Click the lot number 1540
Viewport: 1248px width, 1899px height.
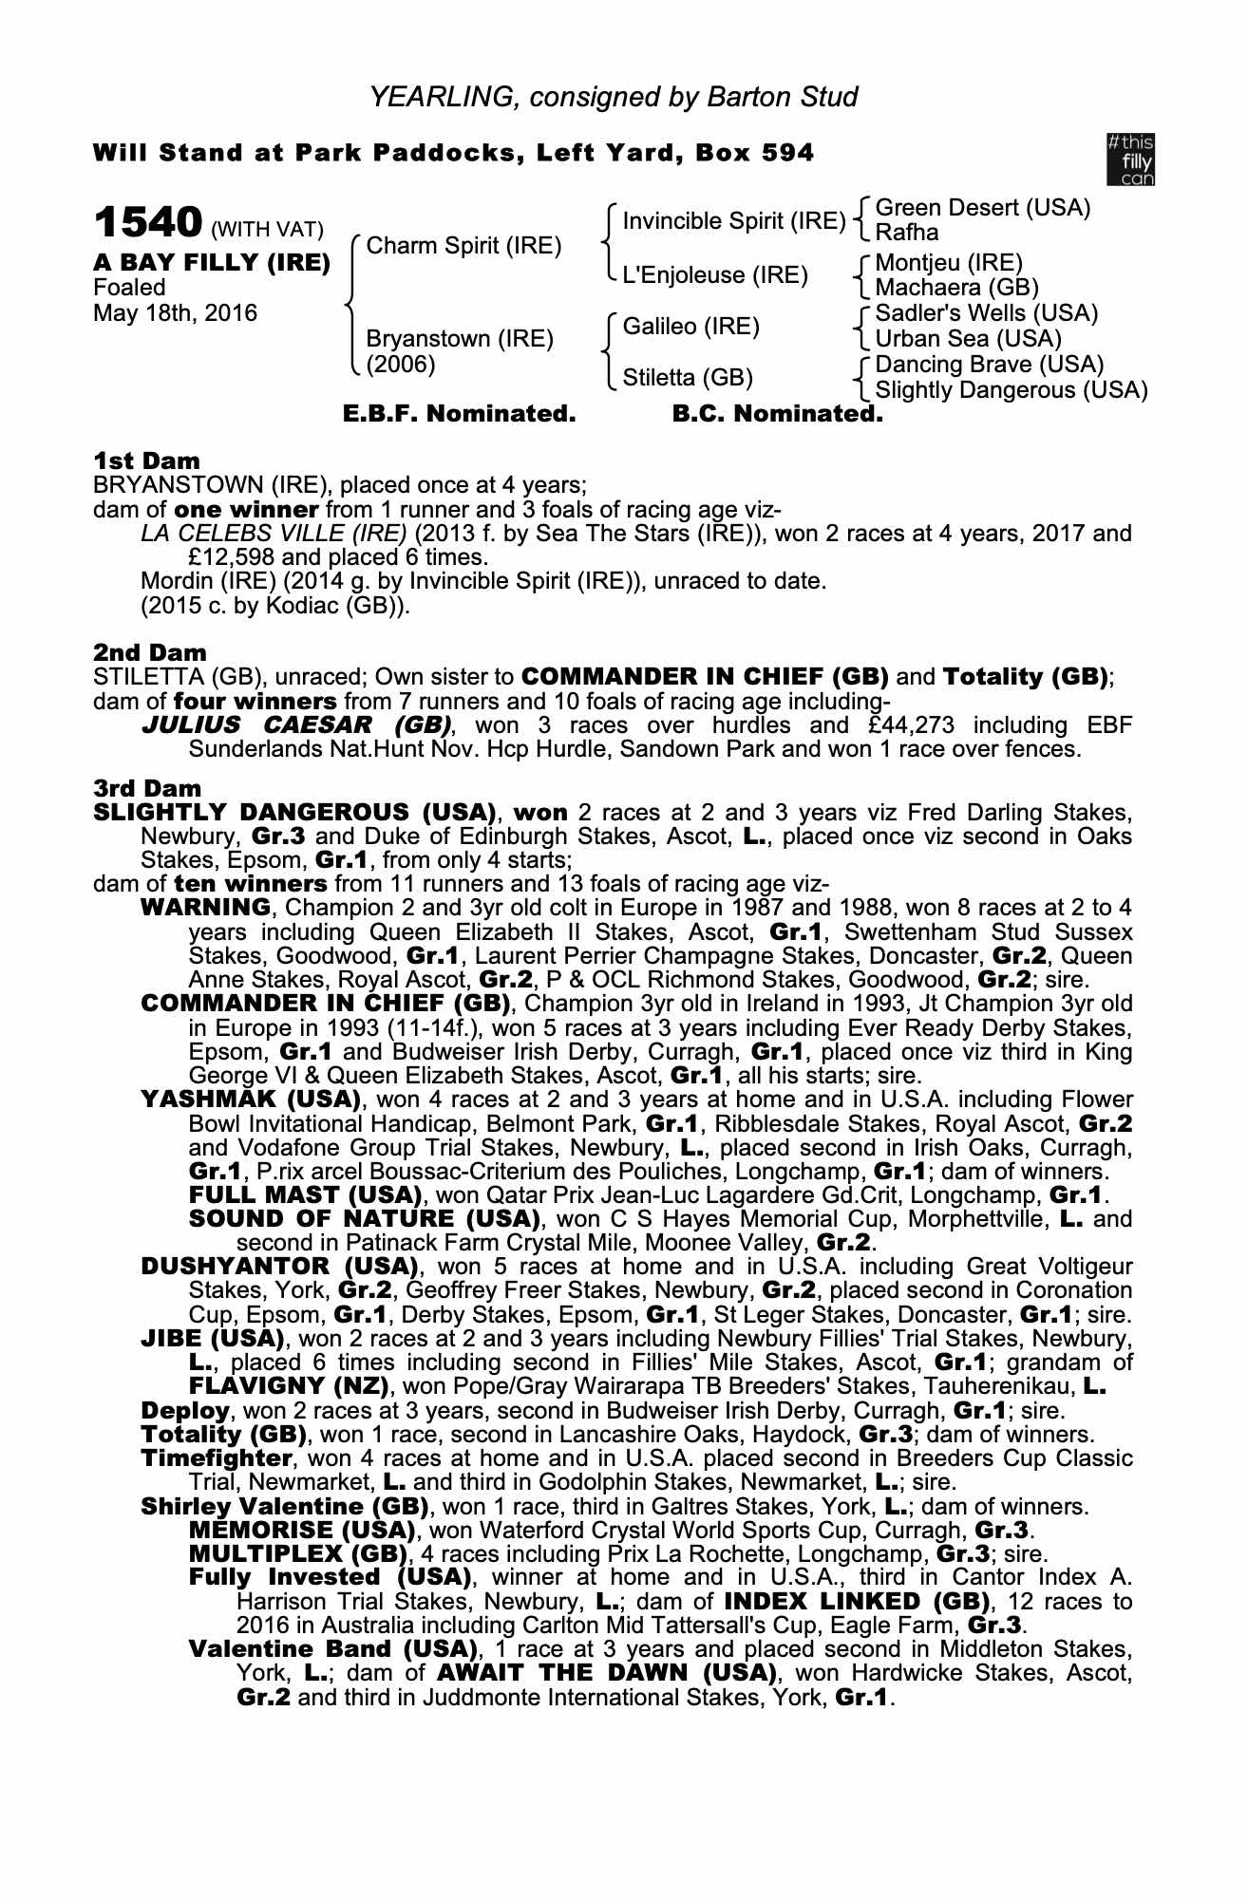pos(147,223)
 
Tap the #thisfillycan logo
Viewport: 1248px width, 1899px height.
pos(1130,159)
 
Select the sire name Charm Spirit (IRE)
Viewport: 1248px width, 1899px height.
pos(463,246)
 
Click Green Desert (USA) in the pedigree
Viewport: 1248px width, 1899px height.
pos(982,208)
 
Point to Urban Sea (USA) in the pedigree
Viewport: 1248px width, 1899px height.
pos(968,339)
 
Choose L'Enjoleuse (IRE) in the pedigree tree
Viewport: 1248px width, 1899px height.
pos(714,275)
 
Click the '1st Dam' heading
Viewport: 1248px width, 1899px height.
pos(147,461)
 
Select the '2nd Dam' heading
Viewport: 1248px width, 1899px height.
pos(149,653)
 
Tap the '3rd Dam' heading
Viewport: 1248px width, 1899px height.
pos(147,788)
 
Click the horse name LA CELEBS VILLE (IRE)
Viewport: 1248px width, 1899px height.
pos(274,534)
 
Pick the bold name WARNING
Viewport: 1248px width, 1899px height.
pos(204,909)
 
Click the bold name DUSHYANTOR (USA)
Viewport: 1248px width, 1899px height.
pos(280,1267)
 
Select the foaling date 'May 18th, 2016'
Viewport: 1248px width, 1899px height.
pos(175,313)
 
